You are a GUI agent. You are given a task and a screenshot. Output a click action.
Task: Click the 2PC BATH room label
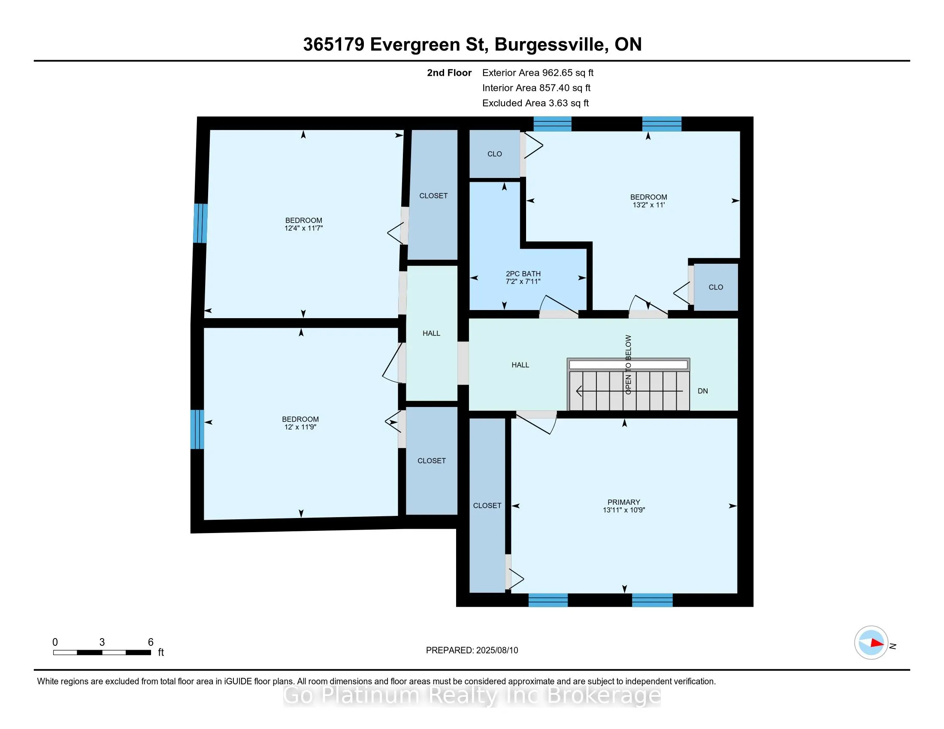click(523, 274)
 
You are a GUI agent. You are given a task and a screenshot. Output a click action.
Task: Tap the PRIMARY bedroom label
click(624, 502)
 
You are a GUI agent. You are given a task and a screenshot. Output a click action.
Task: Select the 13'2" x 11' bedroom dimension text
click(648, 205)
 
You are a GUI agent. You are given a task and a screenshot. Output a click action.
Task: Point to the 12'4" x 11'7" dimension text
click(303, 228)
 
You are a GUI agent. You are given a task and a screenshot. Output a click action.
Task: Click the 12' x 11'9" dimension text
click(300, 427)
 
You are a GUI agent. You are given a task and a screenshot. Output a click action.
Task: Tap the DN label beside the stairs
click(703, 391)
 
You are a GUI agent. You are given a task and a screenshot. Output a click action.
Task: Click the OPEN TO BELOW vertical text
click(629, 364)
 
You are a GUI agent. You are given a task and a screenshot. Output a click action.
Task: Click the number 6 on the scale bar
click(151, 642)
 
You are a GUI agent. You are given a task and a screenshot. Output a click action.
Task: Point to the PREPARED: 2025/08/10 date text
click(472, 651)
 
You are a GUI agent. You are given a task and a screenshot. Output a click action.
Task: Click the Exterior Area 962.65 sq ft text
click(538, 73)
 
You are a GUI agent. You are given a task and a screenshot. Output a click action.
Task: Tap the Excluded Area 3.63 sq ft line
click(536, 103)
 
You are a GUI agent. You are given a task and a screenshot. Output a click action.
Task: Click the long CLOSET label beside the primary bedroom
click(487, 506)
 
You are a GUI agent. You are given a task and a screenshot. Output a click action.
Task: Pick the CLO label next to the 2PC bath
click(494, 154)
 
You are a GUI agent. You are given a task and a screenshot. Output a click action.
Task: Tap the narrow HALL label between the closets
click(431, 333)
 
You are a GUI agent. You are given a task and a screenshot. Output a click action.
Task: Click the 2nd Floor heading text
click(449, 73)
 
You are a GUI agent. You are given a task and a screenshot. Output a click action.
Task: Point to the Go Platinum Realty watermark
click(472, 696)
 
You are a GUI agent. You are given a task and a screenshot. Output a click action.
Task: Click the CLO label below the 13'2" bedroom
click(716, 287)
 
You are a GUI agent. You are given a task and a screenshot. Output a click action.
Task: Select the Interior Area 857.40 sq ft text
click(536, 88)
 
